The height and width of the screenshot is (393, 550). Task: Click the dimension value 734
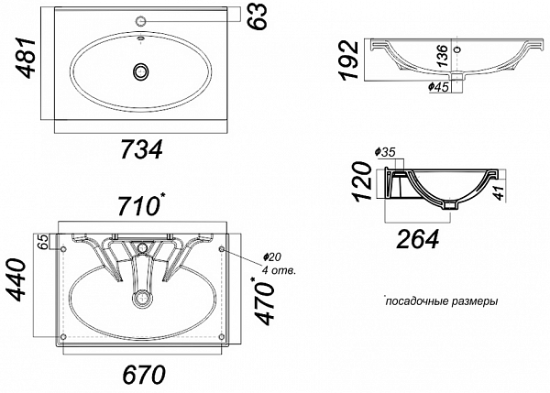click(x=142, y=149)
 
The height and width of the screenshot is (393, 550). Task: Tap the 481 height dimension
click(x=27, y=57)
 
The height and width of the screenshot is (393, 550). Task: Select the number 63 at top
click(x=257, y=16)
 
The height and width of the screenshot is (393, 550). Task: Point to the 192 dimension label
click(x=349, y=60)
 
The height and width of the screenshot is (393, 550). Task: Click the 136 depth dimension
click(x=443, y=56)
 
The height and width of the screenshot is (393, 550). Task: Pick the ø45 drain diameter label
click(x=438, y=87)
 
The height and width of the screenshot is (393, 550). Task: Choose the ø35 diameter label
click(x=385, y=152)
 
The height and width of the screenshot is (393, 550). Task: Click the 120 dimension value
click(x=363, y=181)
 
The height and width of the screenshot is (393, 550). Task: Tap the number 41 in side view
click(x=499, y=192)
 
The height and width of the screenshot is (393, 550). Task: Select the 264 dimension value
click(x=418, y=239)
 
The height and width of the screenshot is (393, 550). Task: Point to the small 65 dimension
click(x=42, y=242)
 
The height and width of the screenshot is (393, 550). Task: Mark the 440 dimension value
click(x=17, y=280)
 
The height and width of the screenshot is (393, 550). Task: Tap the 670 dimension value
click(x=144, y=374)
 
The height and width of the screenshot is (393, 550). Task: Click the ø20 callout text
click(x=272, y=257)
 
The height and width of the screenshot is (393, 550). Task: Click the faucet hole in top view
click(x=141, y=21)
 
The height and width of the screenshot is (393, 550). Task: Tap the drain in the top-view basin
click(x=141, y=71)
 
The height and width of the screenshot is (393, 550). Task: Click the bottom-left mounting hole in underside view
click(x=63, y=336)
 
